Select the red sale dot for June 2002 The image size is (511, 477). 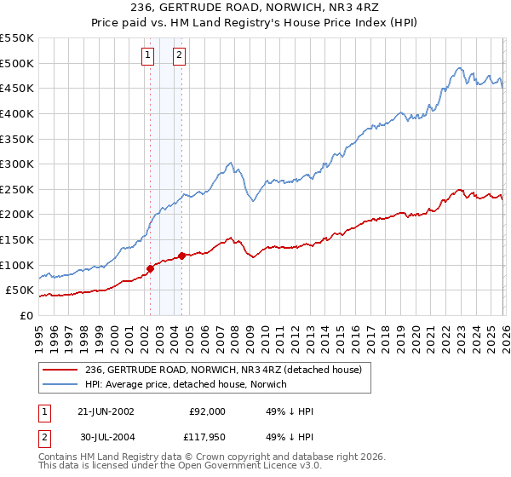[151, 268]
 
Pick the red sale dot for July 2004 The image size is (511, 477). [182, 256]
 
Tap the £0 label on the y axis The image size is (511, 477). [26, 315]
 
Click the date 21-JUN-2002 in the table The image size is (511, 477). [105, 411]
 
